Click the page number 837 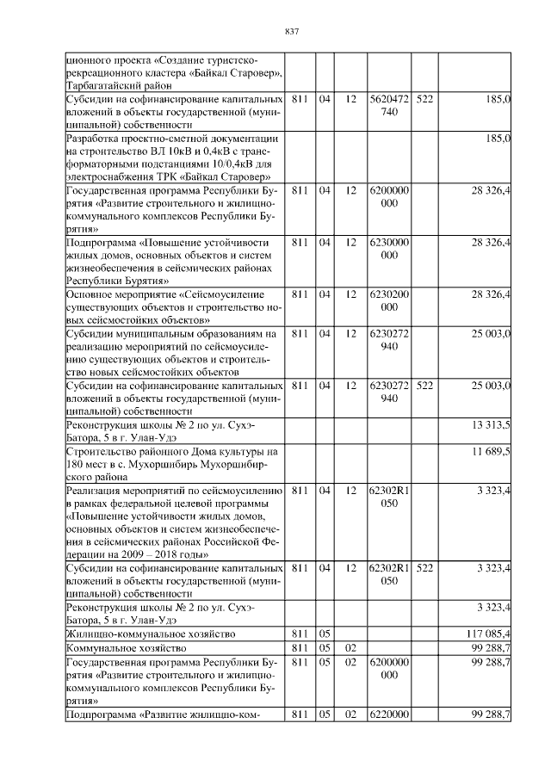(x=291, y=32)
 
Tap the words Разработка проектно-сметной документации (x=171, y=138)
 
